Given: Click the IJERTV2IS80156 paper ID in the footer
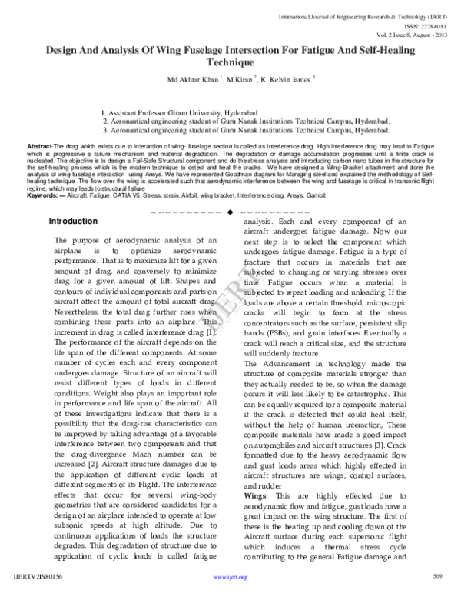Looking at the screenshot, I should click(38, 575).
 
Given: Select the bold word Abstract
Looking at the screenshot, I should click(39, 145).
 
